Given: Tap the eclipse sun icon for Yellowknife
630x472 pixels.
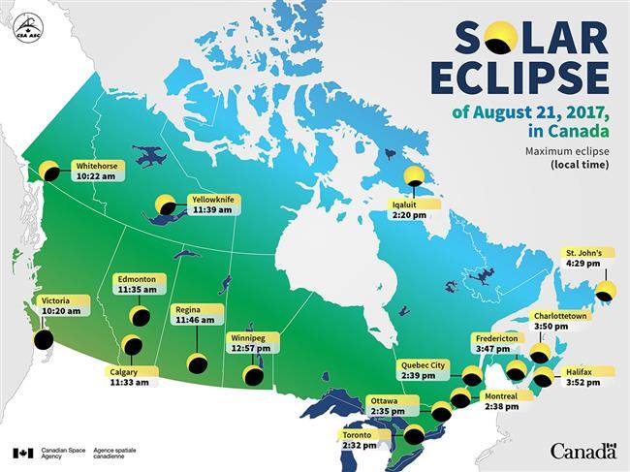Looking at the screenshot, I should pyautogui.click(x=167, y=205).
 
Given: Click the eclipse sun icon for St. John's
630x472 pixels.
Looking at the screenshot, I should pyautogui.click(x=606, y=291).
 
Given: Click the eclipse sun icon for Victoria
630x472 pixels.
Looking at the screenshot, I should pyautogui.click(x=43, y=339).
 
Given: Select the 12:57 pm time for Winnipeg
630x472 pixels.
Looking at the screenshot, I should pyautogui.click(x=249, y=349).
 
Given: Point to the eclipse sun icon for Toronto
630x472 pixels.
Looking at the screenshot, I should pyautogui.click(x=415, y=432).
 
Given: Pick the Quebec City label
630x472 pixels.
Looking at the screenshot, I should pyautogui.click(x=425, y=364).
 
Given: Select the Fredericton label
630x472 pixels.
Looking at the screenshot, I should pyautogui.click(x=496, y=337).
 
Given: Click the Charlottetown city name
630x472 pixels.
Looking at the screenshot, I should pyautogui.click(x=560, y=316).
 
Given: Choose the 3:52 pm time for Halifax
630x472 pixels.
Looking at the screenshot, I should pyautogui.click(x=584, y=382).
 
